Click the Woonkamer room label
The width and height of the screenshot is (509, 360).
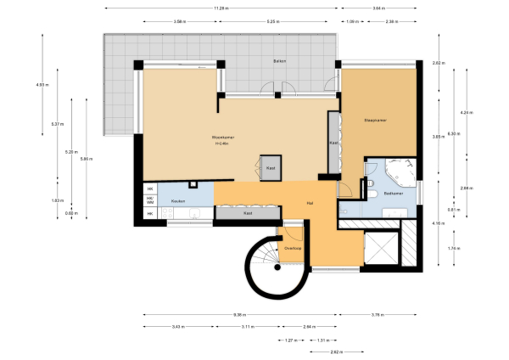[223, 137]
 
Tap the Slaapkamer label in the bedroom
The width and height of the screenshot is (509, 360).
[375, 119]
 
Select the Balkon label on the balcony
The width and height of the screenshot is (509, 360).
[279, 63]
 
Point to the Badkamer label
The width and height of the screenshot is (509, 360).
[393, 194]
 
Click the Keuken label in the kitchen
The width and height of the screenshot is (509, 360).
[178, 200]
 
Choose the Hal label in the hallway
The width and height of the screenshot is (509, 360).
[310, 203]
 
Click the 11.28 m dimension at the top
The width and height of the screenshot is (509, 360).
[220, 8]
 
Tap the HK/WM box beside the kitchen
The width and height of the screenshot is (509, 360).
[150, 200]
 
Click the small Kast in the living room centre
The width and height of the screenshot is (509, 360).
[271, 168]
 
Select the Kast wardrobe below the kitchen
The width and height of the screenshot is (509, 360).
[248, 213]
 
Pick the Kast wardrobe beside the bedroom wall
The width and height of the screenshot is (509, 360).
[333, 143]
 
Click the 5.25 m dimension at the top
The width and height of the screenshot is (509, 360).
[271, 20]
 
